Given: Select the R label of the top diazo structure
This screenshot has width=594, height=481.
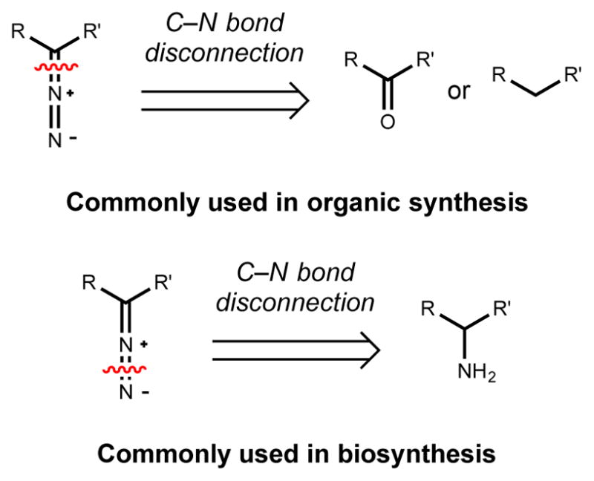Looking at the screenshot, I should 17,32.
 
